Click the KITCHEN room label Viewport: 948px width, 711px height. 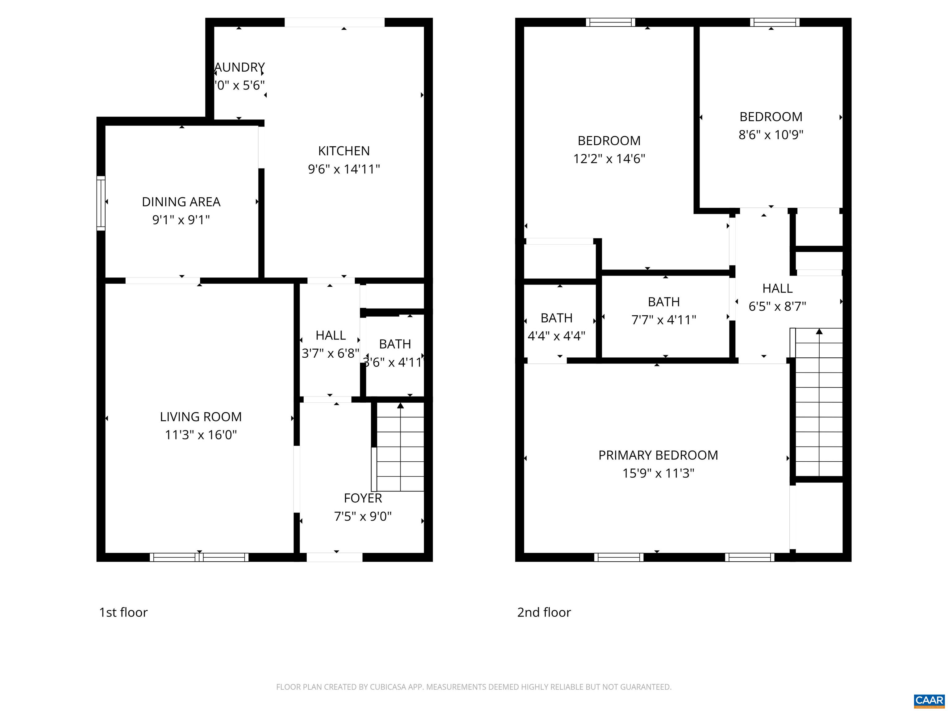coord(344,151)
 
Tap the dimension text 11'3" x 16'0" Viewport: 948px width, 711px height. coord(201,435)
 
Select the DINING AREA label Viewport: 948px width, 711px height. coord(181,202)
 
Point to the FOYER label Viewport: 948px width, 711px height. coord(363,498)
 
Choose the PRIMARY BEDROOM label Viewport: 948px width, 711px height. coord(658,455)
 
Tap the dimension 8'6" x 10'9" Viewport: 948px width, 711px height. coord(771,135)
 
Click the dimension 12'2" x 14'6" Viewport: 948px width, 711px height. coord(609,159)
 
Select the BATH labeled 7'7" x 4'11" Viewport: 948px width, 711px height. coord(663,302)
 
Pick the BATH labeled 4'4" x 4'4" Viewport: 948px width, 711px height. coord(556,318)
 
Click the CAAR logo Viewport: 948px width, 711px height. coord(929,700)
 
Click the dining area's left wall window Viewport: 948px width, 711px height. coord(101,203)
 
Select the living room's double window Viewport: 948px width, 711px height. coord(199,557)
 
